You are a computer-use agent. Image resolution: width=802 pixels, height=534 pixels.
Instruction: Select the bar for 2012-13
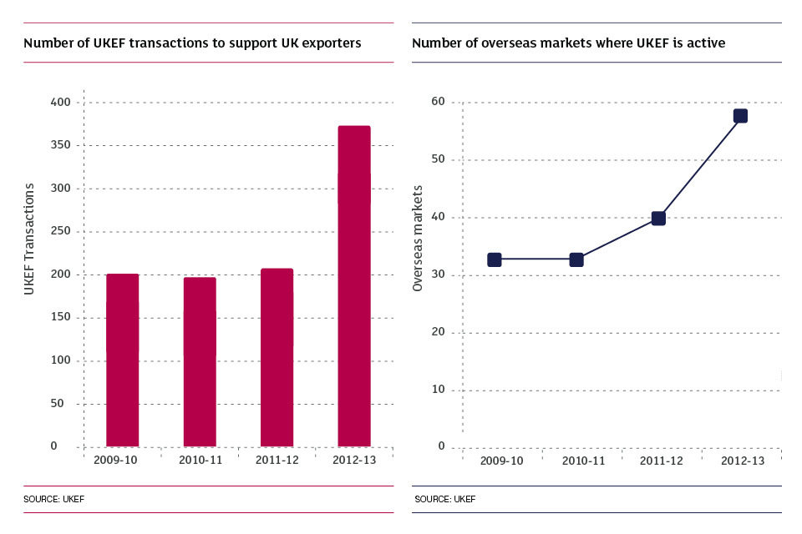pos(353,286)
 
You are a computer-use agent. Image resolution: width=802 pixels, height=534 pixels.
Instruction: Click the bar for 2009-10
pos(122,360)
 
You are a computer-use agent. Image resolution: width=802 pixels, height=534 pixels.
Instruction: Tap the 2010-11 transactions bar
pos(200,361)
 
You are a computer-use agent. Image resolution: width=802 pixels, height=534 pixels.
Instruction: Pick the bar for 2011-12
pos(277,357)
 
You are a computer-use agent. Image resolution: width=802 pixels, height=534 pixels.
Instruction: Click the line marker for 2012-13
pos(740,116)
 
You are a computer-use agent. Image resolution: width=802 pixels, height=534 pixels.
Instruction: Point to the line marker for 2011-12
pos(658,219)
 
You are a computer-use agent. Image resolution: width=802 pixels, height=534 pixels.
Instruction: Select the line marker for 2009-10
pos(495,259)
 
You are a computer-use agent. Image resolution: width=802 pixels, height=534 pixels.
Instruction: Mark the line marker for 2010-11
pos(576,259)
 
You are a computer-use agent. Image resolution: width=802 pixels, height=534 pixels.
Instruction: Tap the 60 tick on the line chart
pos(438,103)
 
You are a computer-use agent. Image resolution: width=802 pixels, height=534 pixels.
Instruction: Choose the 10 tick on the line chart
pos(438,390)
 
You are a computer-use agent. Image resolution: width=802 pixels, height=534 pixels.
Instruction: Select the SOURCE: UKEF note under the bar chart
pos(54,500)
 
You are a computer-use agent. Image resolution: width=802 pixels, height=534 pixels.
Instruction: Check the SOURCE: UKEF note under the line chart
pos(444,500)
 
